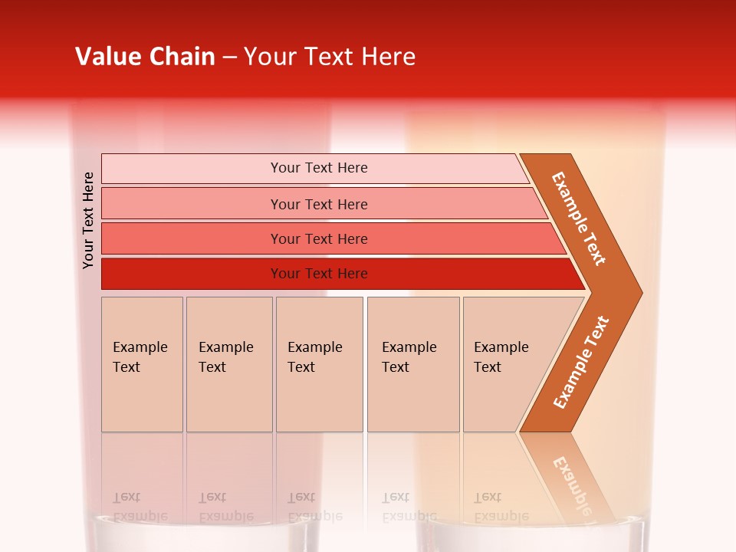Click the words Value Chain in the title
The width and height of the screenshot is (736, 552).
point(145,57)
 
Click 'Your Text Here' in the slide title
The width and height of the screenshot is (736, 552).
point(330,57)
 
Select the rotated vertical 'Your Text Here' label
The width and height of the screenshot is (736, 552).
point(88,220)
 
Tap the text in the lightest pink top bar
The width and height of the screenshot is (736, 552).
point(319,168)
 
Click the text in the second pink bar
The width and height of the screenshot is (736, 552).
point(319,204)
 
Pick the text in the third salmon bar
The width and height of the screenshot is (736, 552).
point(319,238)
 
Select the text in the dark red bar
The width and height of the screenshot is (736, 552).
point(319,274)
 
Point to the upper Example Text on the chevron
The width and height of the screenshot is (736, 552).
point(579,219)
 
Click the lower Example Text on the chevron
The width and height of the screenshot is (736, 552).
point(581,362)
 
